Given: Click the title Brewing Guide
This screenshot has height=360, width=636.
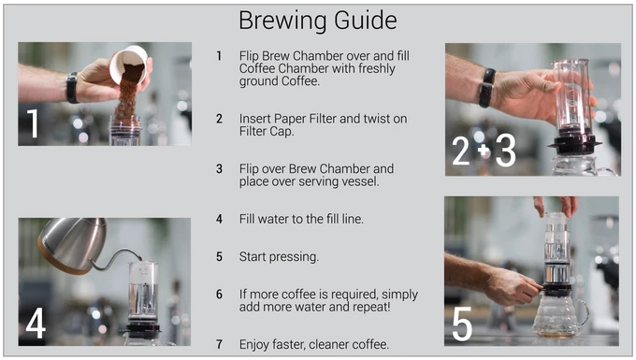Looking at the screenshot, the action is pos(318,21).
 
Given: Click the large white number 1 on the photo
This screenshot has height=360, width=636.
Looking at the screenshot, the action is pos(33,123).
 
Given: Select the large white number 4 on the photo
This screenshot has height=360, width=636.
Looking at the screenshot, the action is pos(36,323).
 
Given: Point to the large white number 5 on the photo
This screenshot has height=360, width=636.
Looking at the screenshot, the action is pos(462,324).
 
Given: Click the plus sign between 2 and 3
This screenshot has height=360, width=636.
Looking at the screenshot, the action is pos(484,151).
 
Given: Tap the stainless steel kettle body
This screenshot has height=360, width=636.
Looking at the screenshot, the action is pos(73,244).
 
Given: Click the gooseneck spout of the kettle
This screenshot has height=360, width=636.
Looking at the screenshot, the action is pos(117,259).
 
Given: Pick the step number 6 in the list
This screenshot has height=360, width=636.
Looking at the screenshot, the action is pos(219,294).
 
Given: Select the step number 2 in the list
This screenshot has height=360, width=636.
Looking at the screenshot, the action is pos(219,119).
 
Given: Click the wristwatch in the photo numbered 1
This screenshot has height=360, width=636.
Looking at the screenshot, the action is pos(72,88).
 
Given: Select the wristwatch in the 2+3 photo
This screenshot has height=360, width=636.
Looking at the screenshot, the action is pos(486,88).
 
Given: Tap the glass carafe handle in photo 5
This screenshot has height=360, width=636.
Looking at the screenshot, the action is pos(583,312).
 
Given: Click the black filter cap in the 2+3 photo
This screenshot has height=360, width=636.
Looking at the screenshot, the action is pos(574,145).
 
